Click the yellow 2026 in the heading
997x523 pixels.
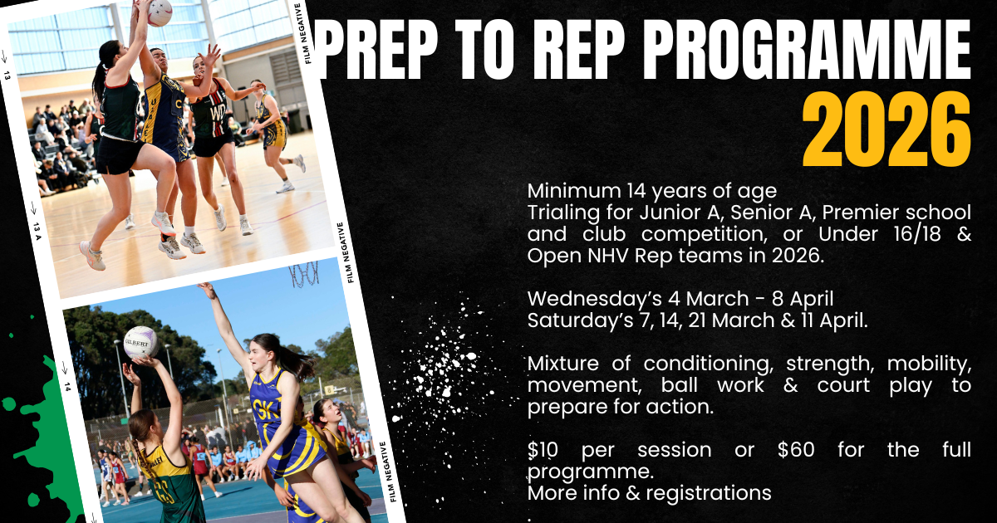(886, 129)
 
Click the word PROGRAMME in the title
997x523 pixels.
(806, 50)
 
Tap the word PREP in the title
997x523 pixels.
(378, 50)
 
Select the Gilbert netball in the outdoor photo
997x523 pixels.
(141, 342)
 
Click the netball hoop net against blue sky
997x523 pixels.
(304, 274)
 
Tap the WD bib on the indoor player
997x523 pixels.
(218, 114)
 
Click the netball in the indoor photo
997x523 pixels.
(160, 12)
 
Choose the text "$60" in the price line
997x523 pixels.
(796, 450)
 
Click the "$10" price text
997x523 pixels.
(543, 450)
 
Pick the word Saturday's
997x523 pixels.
(580, 320)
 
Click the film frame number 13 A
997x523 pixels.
(37, 231)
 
